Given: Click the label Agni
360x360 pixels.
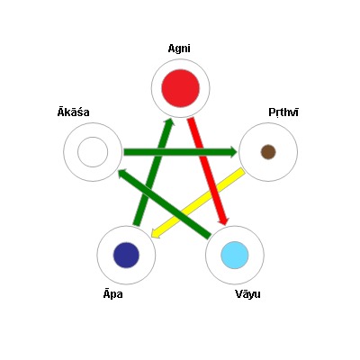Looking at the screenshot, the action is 179,49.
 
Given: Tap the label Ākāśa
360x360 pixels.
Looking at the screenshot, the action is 74,112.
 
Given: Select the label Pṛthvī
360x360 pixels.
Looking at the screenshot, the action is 283,112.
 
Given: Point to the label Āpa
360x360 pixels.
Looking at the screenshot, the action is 113,294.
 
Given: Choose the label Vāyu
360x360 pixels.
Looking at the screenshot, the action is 247,294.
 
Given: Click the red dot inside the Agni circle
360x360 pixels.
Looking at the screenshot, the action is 181,88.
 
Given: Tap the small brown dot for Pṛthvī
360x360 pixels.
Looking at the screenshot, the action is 268,152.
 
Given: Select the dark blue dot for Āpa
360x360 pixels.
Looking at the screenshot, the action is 126,255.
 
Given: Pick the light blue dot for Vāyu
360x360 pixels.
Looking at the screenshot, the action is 235,255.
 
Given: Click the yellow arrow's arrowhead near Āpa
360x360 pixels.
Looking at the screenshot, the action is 155,233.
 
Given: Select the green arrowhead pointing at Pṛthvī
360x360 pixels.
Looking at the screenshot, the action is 233,152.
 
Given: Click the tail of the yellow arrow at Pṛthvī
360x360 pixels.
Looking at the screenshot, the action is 242,171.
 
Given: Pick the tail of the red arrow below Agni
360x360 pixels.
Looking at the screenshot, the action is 191,119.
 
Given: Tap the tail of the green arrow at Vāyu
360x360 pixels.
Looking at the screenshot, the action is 210,236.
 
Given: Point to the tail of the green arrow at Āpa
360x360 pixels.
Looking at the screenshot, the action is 137,224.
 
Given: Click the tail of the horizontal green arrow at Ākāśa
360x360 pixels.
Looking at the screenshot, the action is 124,152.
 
